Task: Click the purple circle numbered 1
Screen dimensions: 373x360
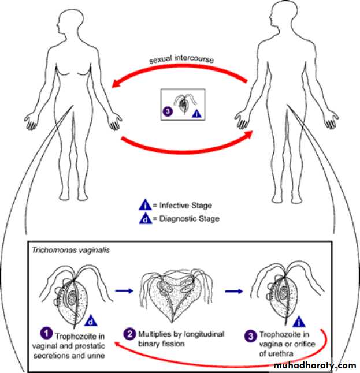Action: (x=44, y=333)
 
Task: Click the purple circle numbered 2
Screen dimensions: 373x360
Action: (x=131, y=333)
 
